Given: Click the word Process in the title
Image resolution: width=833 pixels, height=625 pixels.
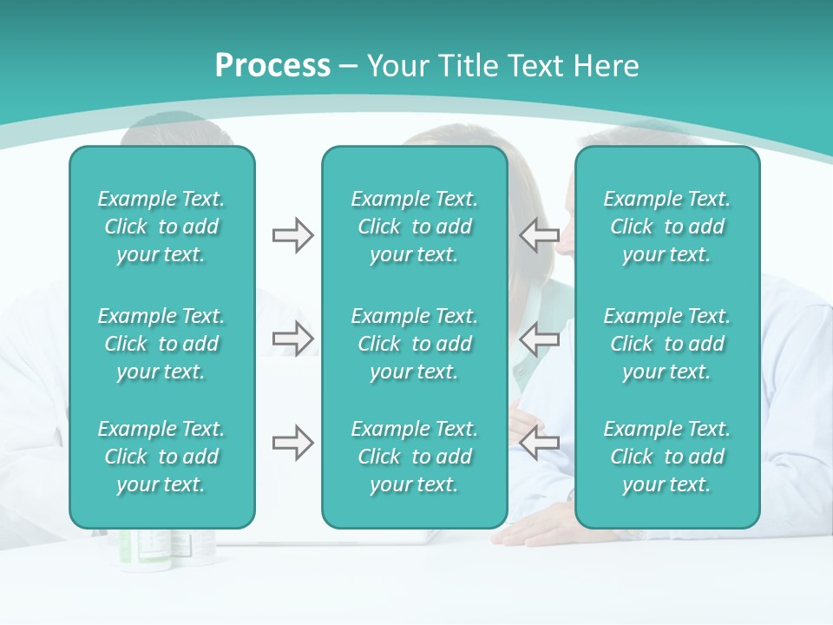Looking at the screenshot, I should tap(272, 66).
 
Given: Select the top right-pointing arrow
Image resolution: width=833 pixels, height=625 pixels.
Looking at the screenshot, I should tap(292, 234).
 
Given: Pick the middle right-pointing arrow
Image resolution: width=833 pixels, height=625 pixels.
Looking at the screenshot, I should tap(292, 338).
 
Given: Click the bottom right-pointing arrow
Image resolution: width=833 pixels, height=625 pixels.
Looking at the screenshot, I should tap(292, 443).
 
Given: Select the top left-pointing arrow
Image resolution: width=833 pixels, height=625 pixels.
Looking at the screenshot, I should tap(539, 234).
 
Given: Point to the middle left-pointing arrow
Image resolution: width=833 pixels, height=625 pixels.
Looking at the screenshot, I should tap(539, 338).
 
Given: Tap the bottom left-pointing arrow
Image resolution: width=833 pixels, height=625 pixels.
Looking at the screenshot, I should tap(539, 443).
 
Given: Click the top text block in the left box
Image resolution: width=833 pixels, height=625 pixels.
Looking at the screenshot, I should tap(161, 227).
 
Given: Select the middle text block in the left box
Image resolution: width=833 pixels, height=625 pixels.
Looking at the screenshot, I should tap(161, 344).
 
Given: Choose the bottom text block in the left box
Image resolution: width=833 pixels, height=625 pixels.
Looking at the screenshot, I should tap(161, 457).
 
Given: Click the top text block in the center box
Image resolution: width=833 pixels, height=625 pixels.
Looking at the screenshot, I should tap(414, 227).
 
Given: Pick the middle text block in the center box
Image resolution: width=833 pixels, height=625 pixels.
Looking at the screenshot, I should tap(414, 344).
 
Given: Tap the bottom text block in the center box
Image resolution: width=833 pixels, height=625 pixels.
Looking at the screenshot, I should tap(414, 457).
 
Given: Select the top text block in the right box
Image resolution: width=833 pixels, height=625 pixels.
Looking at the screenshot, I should tap(666, 227).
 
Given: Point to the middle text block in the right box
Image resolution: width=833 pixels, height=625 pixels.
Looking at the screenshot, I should tap(666, 344).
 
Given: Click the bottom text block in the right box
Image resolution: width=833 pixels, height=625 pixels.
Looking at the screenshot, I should tap(666, 457).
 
